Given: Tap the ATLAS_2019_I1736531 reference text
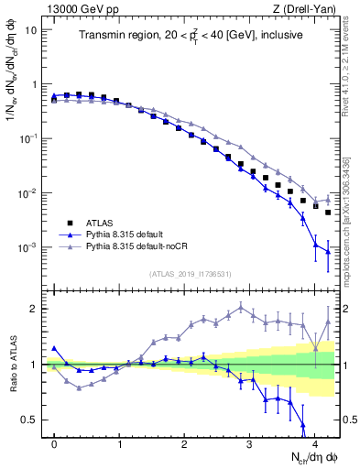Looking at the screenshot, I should (191, 273).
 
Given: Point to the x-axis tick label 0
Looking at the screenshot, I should (55, 442).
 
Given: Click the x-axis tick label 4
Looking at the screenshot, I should (314, 442).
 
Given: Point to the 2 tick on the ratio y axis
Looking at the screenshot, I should (35, 309).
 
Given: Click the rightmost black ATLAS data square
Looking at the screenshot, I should (328, 213).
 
